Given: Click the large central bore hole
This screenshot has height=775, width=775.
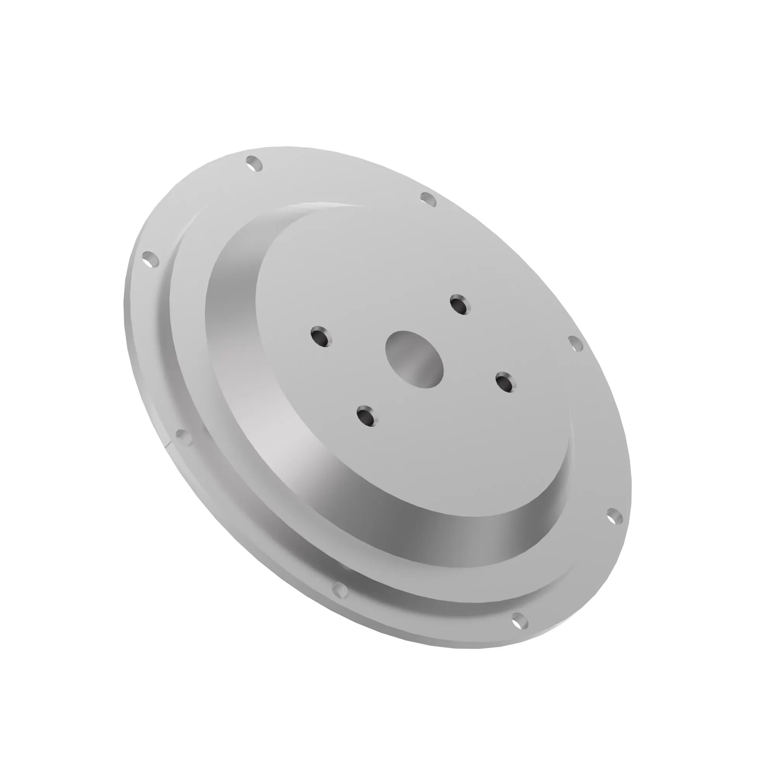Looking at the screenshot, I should pos(414,360).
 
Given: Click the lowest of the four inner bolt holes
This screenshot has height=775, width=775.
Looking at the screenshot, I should pos(366,415).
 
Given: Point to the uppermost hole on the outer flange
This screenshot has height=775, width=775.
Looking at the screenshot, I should pos(254,164).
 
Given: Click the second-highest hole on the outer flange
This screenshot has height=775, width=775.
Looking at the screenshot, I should pos(429,199).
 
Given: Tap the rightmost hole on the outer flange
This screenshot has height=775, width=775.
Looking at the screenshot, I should pos(614,517).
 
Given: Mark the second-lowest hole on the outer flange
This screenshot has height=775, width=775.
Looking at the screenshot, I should pos(340,590).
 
